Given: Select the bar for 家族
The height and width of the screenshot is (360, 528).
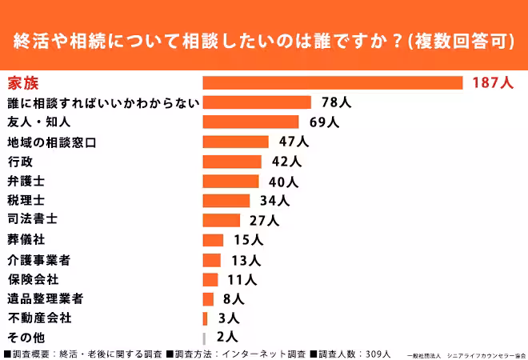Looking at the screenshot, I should (333, 82).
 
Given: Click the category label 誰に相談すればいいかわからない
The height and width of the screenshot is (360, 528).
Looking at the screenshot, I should (102, 102).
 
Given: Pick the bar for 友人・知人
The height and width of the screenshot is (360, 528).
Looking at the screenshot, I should (250, 122).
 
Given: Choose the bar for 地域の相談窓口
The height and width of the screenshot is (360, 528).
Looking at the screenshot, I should (235, 142).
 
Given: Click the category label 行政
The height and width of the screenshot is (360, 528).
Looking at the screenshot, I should (19, 161).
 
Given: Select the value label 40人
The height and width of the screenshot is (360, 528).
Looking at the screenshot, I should (282, 181).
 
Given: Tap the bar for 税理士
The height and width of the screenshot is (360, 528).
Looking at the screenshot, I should (226, 201).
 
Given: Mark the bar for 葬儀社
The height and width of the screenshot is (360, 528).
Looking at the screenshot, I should (213, 240).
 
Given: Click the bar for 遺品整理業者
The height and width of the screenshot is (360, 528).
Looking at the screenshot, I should (208, 299).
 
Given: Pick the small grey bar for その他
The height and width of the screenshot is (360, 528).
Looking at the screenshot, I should (205, 338).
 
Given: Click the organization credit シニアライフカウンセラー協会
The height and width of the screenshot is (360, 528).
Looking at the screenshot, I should (486, 354).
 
